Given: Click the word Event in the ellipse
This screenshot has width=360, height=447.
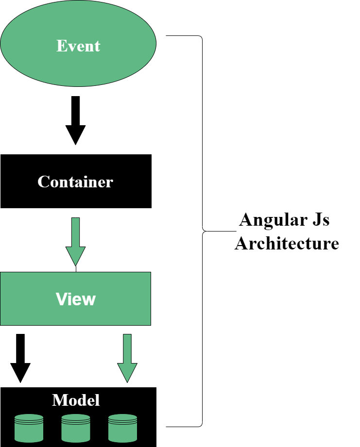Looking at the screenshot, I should (x=78, y=46).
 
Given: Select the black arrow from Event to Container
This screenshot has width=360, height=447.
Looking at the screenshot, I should (x=75, y=119).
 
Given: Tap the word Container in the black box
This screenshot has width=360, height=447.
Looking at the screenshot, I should (x=75, y=182).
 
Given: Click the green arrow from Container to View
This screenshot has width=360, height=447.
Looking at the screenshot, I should (x=75, y=240).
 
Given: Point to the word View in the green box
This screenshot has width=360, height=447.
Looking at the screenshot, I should (x=76, y=299).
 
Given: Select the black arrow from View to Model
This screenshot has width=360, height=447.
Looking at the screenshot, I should (x=20, y=357).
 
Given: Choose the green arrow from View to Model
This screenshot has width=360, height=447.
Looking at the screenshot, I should (x=127, y=357).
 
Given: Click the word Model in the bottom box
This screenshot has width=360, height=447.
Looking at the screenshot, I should (x=76, y=400).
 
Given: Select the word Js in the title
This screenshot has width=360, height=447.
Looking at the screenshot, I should (x=318, y=220).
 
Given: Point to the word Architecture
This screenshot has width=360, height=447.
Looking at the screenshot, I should (x=287, y=243).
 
